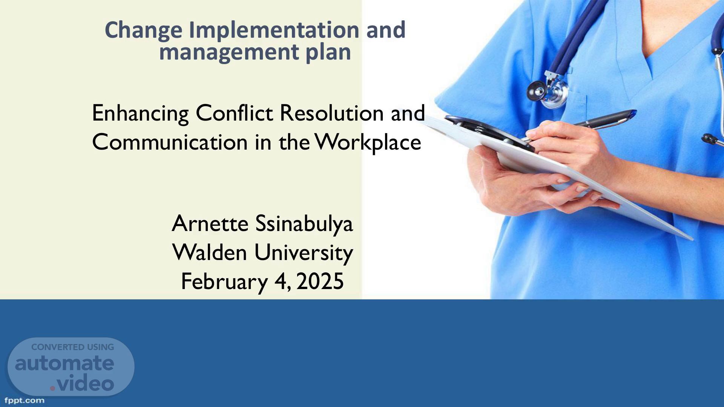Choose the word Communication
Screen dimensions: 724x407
tap(170, 142)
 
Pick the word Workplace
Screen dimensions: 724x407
tap(368, 143)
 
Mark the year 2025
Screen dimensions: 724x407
tap(320, 282)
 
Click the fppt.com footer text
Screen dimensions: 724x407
tap(25, 401)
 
